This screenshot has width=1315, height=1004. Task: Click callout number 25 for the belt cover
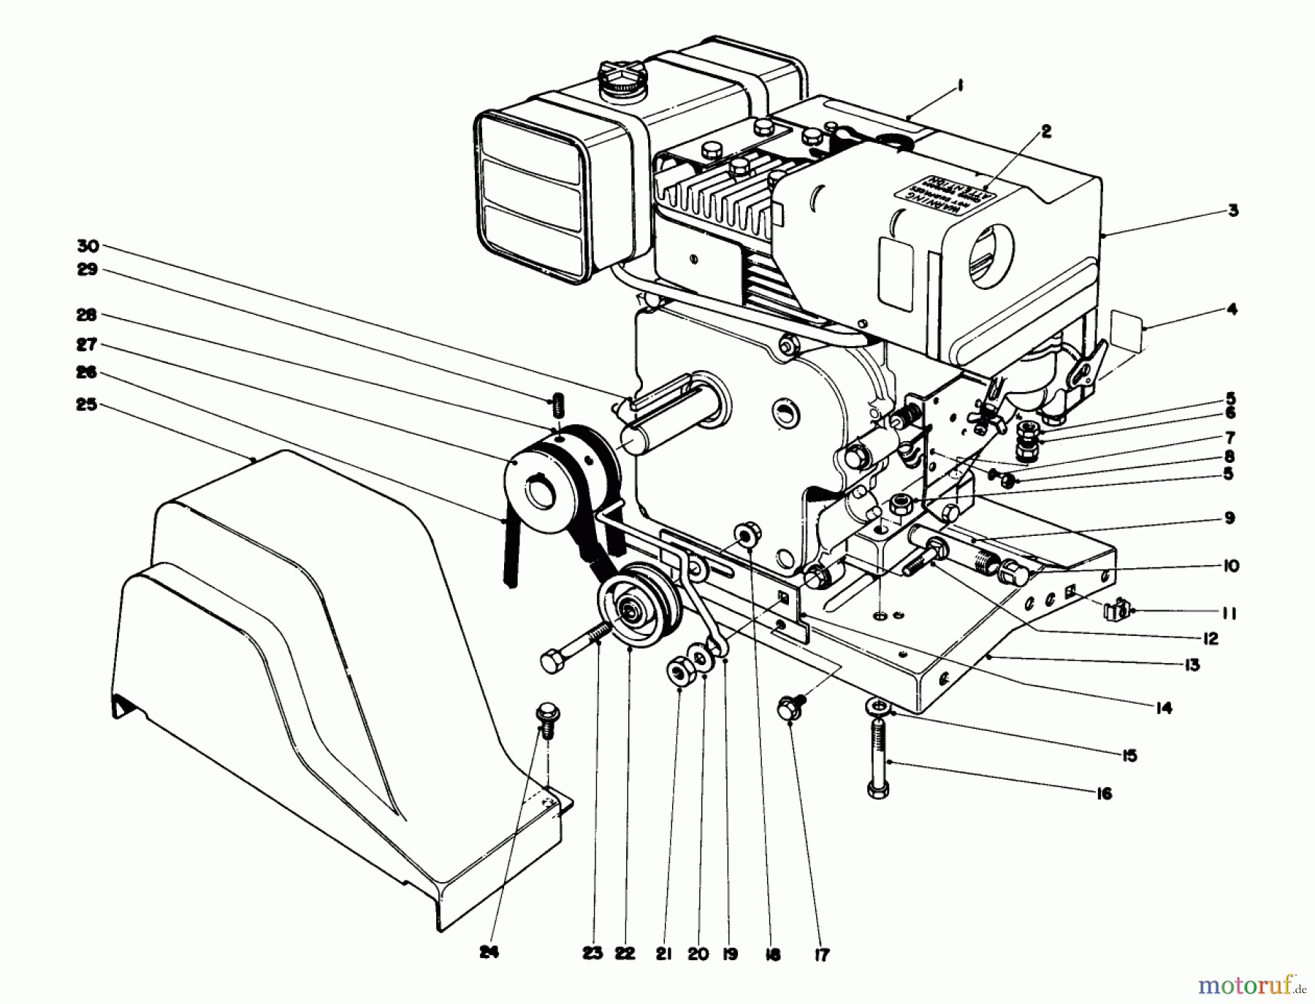tap(86, 404)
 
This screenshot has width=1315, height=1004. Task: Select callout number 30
tap(88, 246)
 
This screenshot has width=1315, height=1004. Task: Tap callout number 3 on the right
tap(1233, 211)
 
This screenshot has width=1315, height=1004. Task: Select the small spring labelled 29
tap(559, 403)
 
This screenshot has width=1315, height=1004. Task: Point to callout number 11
tap(1229, 613)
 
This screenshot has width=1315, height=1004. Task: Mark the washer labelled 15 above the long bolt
tap(877, 706)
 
